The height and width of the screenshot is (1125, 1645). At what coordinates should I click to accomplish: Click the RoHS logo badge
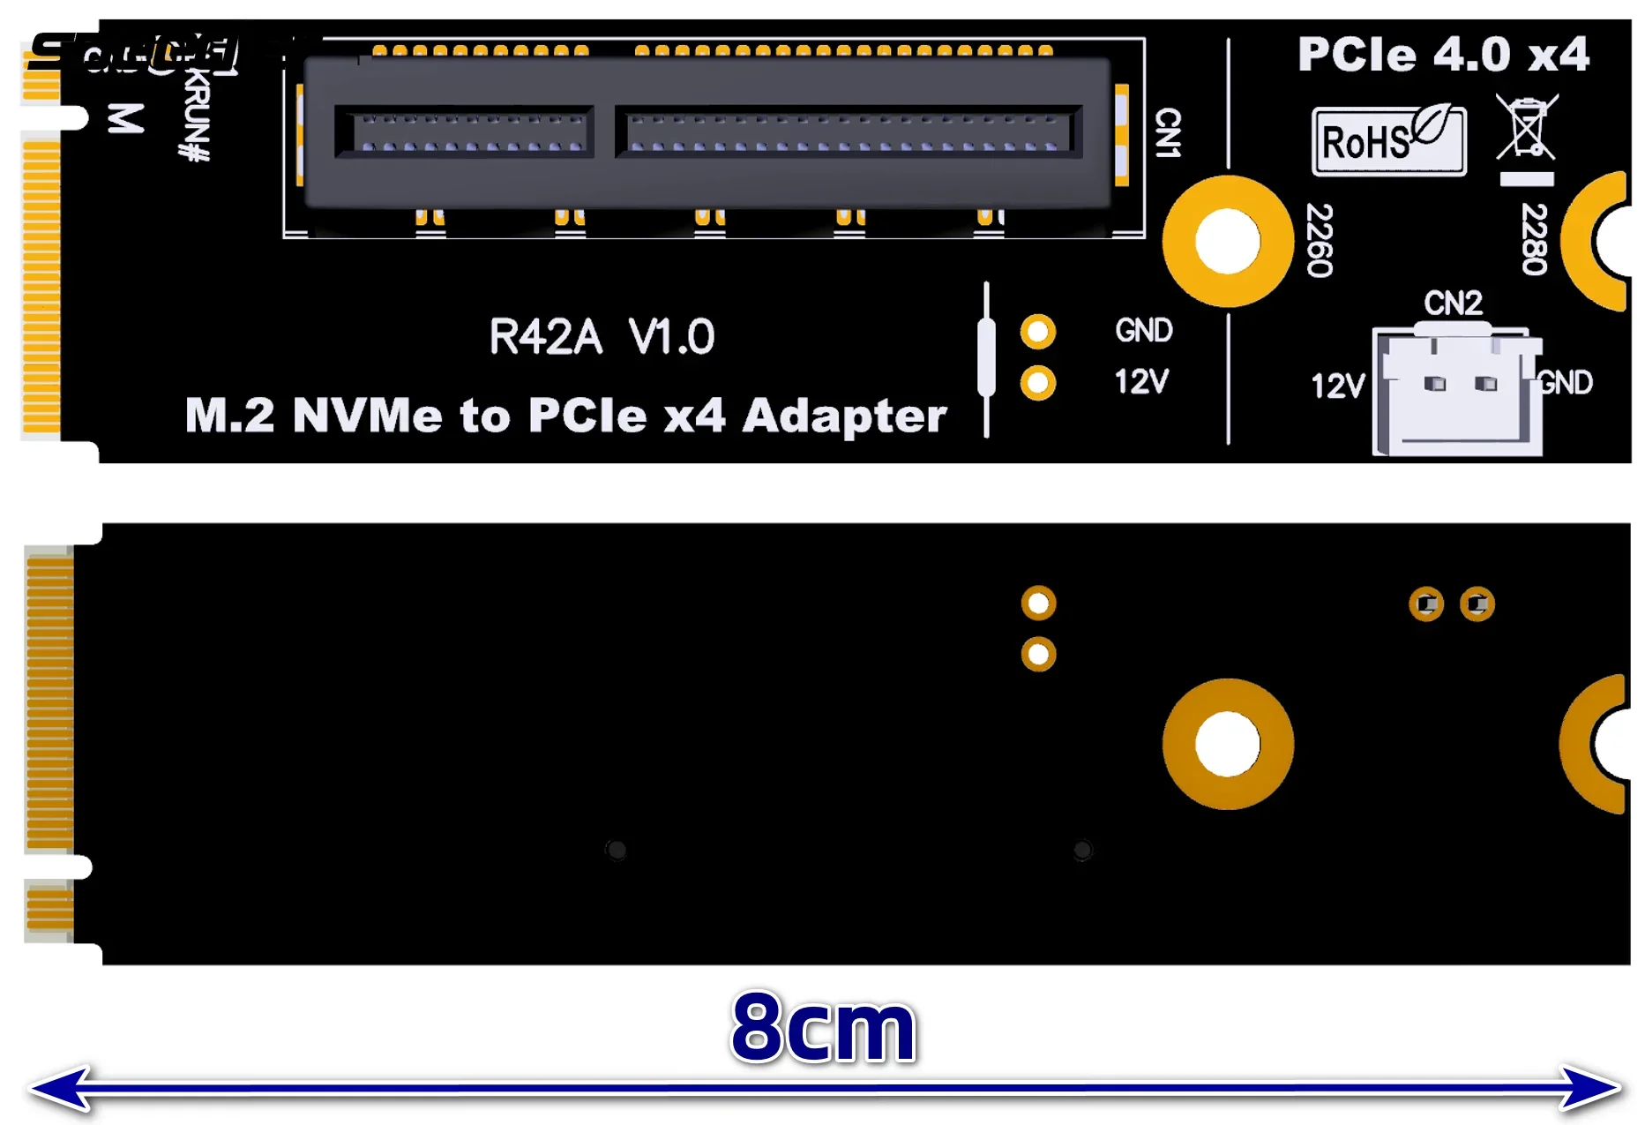[x=1387, y=140]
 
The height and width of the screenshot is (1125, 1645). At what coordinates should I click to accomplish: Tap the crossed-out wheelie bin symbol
[x=1527, y=128]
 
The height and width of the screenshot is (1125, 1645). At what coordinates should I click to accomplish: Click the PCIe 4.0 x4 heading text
[x=1443, y=55]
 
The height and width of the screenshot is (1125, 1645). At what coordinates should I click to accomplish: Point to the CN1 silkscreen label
[x=1168, y=133]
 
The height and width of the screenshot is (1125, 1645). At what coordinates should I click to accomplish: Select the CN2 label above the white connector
[x=1453, y=304]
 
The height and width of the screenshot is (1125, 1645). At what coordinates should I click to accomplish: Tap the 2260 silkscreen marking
[x=1319, y=240]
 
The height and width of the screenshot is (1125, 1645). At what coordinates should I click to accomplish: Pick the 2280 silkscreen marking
[x=1534, y=239]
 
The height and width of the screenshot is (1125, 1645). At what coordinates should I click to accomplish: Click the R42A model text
[x=545, y=337]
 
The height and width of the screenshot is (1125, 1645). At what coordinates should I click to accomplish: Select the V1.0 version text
[x=671, y=337]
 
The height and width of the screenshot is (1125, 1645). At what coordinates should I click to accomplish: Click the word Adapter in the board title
[x=844, y=416]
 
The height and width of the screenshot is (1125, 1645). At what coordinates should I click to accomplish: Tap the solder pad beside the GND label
[x=1038, y=332]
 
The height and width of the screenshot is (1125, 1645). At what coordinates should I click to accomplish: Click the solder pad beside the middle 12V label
[x=1038, y=383]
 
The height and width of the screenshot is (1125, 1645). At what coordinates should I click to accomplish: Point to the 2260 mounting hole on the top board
[x=1227, y=241]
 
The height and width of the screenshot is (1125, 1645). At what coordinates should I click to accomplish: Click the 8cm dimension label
[x=824, y=1027]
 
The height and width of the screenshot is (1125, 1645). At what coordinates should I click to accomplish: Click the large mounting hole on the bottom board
[x=1227, y=744]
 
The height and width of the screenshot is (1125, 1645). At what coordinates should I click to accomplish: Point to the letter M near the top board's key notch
[x=125, y=118]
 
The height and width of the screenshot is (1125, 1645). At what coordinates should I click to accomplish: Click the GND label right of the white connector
[x=1566, y=383]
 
